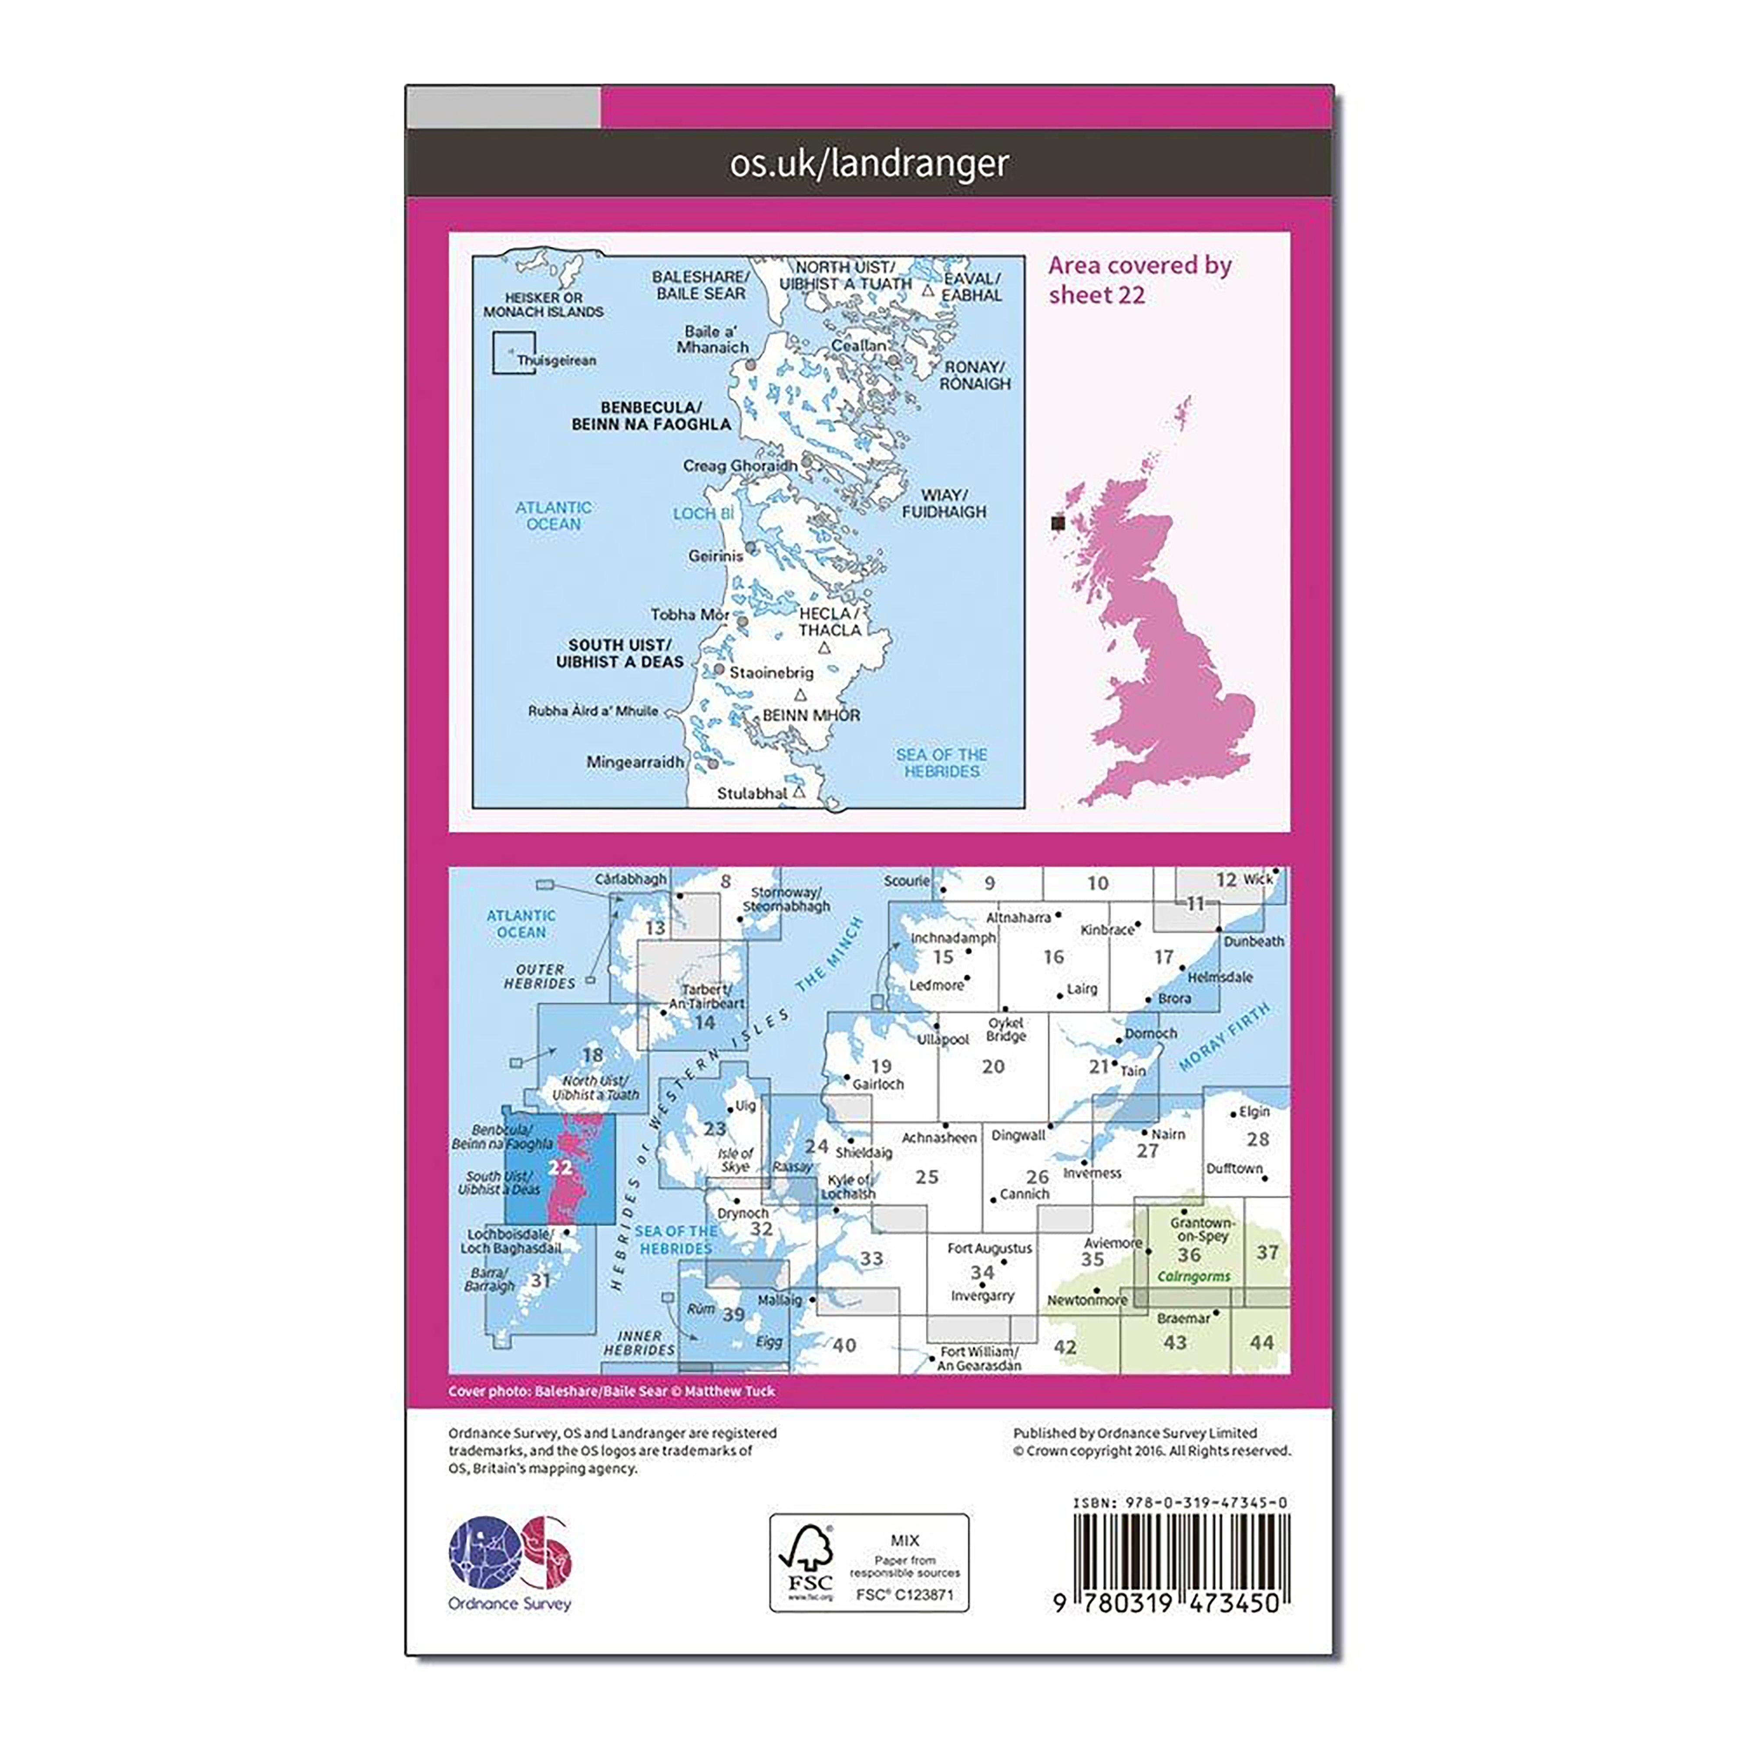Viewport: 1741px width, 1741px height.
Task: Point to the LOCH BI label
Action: click(704, 514)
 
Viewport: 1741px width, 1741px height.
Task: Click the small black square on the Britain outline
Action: click(1058, 522)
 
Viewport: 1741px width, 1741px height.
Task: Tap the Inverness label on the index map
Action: click(1092, 1173)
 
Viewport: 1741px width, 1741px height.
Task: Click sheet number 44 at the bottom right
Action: click(1260, 1343)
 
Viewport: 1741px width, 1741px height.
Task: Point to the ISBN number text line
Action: click(1180, 1502)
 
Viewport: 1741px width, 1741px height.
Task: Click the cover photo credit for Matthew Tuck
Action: click(611, 1391)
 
